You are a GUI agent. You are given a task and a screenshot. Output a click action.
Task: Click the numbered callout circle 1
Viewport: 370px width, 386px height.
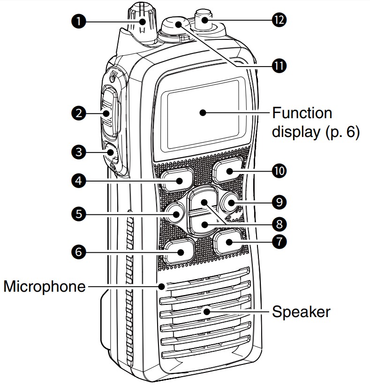(x=78, y=21)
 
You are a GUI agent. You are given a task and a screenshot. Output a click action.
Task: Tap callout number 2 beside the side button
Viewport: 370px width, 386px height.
(x=78, y=113)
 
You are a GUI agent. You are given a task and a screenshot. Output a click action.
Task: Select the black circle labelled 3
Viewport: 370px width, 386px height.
(x=78, y=152)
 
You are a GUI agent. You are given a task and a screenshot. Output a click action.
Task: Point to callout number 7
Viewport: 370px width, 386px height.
(x=279, y=241)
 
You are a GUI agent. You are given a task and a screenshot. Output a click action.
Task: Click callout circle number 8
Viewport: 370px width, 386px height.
(x=279, y=224)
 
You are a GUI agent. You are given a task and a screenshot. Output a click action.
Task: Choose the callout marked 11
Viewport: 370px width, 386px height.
(x=279, y=66)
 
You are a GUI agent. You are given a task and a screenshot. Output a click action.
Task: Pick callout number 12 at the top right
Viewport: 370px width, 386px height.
(x=279, y=20)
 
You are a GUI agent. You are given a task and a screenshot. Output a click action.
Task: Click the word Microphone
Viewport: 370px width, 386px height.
(x=45, y=287)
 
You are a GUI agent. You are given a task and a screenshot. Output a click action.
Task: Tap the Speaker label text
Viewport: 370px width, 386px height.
(x=301, y=311)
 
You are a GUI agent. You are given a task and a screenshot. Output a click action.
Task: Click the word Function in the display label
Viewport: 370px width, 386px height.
(x=302, y=113)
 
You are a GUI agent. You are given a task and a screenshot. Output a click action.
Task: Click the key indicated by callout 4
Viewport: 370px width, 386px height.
(x=178, y=179)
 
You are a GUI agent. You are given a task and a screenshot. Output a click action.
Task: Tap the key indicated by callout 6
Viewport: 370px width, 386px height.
(x=179, y=251)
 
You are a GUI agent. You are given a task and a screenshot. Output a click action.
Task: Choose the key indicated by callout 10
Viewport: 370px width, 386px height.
(x=228, y=170)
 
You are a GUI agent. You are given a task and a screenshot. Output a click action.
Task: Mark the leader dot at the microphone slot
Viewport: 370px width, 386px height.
(x=162, y=286)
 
